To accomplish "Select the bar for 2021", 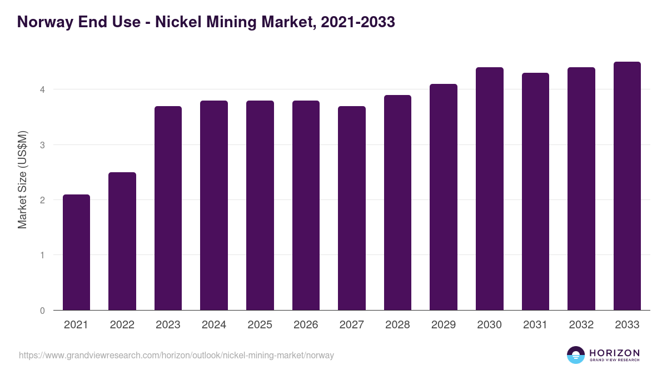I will pyautogui.click(x=76, y=253).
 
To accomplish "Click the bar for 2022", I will pyautogui.click(x=122, y=242).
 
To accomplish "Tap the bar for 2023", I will pyautogui.click(x=168, y=208).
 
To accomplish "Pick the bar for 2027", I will pyautogui.click(x=352, y=208).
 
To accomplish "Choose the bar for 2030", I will pyautogui.click(x=490, y=189).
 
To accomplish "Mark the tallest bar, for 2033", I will pyautogui.click(x=627, y=186).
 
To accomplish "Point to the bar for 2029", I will pyautogui.click(x=444, y=197).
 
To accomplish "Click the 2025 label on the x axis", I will pyautogui.click(x=260, y=325).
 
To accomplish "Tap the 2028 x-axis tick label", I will pyautogui.click(x=397, y=325).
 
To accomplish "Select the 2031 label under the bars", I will pyautogui.click(x=535, y=325).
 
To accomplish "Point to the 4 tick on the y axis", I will pyautogui.click(x=42, y=89).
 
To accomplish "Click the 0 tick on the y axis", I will pyautogui.click(x=42, y=311).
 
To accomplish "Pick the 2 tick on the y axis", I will pyautogui.click(x=42, y=200).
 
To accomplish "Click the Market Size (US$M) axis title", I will pyautogui.click(x=22, y=179).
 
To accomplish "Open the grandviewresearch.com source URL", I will pyautogui.click(x=176, y=355).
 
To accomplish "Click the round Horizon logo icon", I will pyautogui.click(x=576, y=355).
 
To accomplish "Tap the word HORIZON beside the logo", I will pyautogui.click(x=614, y=352).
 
